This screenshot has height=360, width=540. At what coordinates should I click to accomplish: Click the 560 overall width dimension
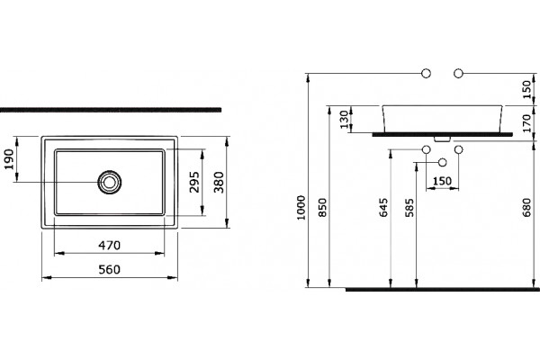[110, 269]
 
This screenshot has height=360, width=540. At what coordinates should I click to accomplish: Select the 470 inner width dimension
[110, 246]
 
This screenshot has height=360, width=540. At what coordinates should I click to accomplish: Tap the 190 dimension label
[10, 159]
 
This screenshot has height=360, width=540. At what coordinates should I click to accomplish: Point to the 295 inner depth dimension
[194, 182]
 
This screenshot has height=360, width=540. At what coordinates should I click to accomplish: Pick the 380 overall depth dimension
[219, 182]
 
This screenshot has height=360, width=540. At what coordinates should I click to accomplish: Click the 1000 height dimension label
[301, 207]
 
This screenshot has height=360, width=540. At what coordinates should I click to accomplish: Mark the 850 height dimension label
[322, 207]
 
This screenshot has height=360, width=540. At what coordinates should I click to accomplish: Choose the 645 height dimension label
[383, 207]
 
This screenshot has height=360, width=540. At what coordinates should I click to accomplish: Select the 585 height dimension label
[409, 207]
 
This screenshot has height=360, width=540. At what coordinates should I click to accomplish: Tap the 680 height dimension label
[526, 207]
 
